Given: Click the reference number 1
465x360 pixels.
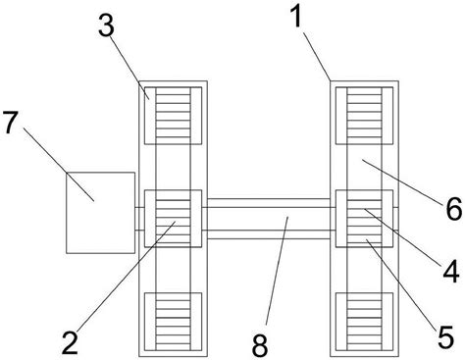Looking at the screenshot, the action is (297, 17).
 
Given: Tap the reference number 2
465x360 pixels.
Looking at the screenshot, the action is (70, 342).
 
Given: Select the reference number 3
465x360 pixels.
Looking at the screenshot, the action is (107, 26).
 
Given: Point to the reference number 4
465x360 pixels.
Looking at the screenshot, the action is (451, 270).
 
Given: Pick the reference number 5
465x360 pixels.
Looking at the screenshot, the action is (445, 336).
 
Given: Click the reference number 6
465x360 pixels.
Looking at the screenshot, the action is (454, 209).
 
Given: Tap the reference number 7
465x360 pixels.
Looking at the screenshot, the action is (10, 122).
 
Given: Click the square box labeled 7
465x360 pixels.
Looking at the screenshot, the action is (100, 213).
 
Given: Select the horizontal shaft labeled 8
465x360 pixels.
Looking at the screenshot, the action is (269, 219).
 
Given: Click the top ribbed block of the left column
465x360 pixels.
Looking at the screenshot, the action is (173, 116).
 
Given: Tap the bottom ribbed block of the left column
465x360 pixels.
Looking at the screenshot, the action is (173, 322).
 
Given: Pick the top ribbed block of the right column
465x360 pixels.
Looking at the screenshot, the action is (364, 116).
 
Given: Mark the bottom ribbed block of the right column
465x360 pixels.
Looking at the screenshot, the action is (364, 322).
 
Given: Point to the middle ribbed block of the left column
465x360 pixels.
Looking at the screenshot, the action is (173, 219).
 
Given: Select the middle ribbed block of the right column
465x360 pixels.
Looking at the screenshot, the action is (364, 219).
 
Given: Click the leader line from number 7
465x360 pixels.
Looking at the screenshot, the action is (59, 164).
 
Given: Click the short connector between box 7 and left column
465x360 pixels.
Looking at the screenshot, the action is (139, 219).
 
